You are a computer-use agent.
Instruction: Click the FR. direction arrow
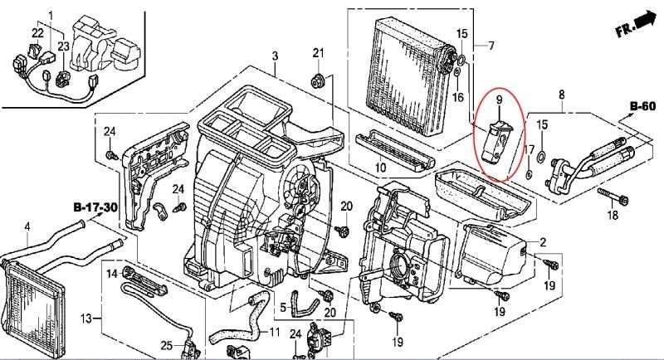(x=646, y=21)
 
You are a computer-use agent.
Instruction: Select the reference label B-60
(x=642, y=106)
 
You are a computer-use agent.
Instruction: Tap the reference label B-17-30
(x=95, y=207)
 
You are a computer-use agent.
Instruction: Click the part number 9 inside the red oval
(x=499, y=100)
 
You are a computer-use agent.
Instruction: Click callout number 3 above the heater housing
(x=276, y=56)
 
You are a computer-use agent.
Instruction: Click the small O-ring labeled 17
(x=529, y=173)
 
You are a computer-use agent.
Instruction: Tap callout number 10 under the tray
(x=380, y=167)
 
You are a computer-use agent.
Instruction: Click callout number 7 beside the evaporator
(x=491, y=45)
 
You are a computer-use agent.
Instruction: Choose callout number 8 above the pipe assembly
(x=562, y=95)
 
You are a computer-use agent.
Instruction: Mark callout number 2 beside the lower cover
(x=544, y=242)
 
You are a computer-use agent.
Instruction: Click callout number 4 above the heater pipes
(x=27, y=226)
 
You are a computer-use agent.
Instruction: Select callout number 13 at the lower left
(x=86, y=318)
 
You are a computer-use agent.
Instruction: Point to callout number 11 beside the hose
(x=275, y=332)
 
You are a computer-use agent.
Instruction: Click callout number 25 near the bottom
(x=167, y=346)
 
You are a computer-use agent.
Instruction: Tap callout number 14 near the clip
(x=112, y=274)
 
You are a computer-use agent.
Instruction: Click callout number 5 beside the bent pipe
(x=283, y=307)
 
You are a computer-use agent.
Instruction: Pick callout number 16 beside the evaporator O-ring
(x=458, y=97)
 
